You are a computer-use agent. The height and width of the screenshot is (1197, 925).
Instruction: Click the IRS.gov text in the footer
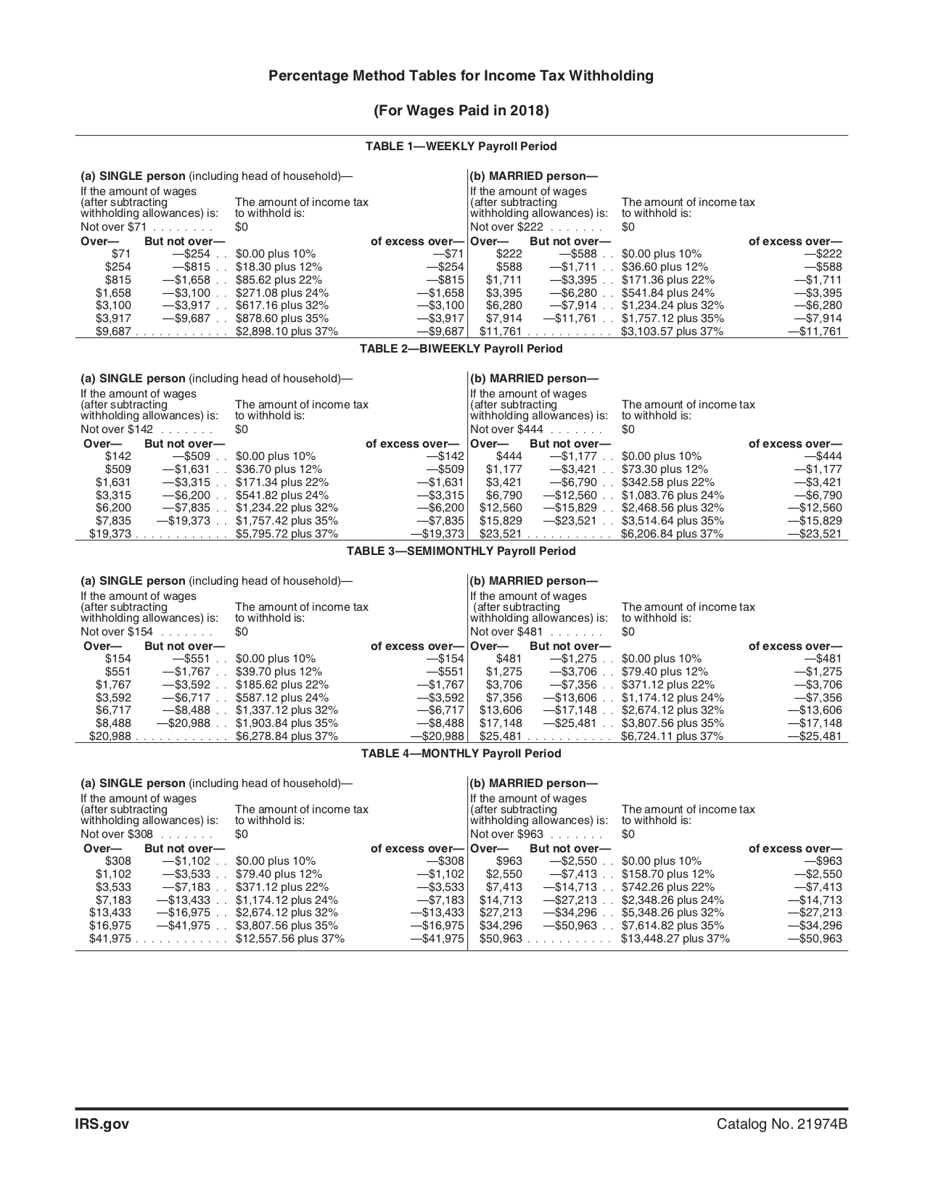(102, 1124)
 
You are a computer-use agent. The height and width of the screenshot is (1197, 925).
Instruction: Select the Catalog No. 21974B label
(782, 1124)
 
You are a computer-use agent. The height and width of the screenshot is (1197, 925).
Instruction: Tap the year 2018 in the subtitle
(526, 111)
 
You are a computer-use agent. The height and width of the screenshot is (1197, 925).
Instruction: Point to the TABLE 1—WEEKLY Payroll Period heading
(461, 147)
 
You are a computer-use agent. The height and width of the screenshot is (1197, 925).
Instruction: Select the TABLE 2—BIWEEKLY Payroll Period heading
(461, 349)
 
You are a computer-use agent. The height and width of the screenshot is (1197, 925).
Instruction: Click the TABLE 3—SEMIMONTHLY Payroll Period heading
(461, 551)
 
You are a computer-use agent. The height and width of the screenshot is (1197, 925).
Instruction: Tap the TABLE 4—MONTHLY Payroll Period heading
(461, 754)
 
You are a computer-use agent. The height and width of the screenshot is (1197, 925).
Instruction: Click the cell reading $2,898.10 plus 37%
(287, 332)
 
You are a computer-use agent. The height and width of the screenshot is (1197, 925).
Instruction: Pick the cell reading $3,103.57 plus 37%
(672, 332)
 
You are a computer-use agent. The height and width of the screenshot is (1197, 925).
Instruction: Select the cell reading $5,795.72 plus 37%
(287, 534)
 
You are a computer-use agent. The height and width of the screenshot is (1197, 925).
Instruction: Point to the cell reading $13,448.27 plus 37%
(675, 939)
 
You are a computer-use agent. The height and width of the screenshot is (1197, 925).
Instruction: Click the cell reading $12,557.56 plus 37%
(289, 939)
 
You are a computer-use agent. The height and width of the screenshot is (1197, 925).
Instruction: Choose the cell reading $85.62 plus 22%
(279, 280)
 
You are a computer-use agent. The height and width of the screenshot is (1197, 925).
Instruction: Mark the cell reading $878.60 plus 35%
(281, 318)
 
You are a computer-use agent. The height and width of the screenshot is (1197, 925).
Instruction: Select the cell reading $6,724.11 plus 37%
(672, 736)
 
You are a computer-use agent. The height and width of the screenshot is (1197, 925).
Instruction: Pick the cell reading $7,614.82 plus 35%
(672, 926)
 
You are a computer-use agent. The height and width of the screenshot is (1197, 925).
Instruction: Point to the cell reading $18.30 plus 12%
(279, 267)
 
